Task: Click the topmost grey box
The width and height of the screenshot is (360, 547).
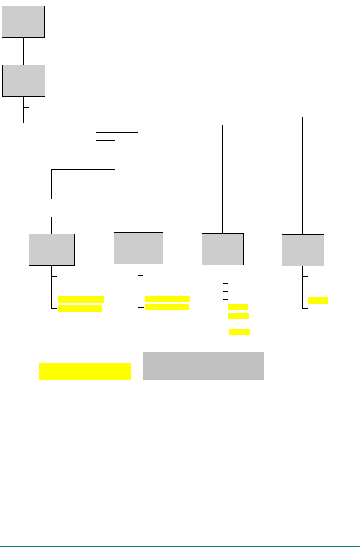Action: [x=23, y=22]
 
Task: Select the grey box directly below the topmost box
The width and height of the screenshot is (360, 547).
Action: [x=23, y=81]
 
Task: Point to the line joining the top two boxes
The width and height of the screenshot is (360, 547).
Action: [x=23, y=51]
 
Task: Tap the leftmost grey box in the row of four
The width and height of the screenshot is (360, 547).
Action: [x=52, y=250]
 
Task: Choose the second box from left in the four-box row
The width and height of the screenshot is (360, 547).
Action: [x=138, y=248]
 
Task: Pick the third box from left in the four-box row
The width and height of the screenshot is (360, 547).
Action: [x=223, y=249]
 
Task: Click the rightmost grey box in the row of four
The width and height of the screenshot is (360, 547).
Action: [x=303, y=250]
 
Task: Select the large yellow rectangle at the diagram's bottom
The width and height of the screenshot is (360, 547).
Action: [x=85, y=371]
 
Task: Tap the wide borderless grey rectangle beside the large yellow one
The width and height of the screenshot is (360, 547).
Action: [x=203, y=366]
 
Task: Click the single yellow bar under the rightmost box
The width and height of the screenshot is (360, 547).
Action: [x=318, y=300]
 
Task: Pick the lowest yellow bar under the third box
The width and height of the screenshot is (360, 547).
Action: [x=239, y=332]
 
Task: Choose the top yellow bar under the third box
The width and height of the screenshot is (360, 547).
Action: [x=238, y=307]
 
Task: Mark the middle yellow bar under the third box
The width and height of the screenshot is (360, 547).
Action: [x=238, y=316]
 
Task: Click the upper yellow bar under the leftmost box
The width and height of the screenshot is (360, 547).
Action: [x=81, y=299]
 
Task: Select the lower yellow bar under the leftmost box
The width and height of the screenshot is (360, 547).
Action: [x=80, y=308]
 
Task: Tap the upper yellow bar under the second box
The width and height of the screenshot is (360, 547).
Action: [x=167, y=299]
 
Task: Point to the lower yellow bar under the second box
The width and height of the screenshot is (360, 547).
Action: [x=167, y=307]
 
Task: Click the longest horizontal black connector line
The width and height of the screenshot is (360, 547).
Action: [x=199, y=117]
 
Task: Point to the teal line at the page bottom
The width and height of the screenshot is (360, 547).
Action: [x=180, y=546]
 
